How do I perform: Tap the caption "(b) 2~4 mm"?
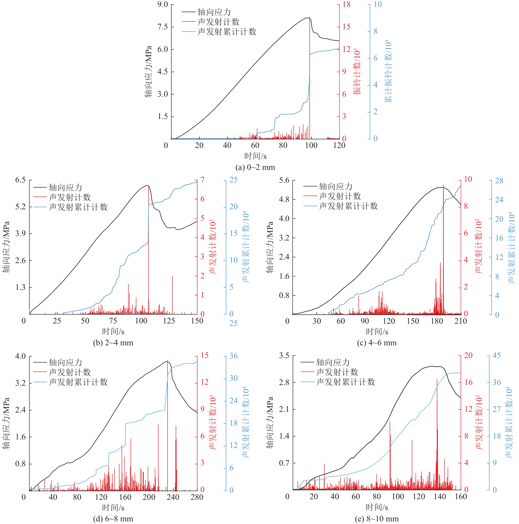point(113,343)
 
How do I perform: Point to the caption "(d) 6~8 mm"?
point(113,519)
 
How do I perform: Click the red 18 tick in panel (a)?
point(346,5)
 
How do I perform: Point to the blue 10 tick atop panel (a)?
point(377,5)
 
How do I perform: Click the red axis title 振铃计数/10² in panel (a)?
point(357,72)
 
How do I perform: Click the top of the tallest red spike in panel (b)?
point(148,186)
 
